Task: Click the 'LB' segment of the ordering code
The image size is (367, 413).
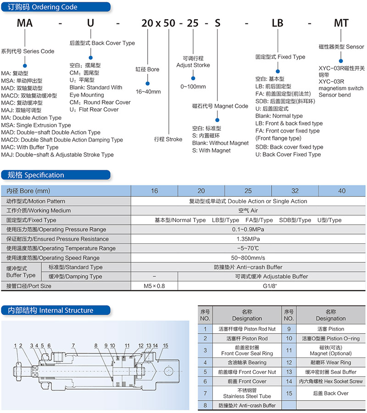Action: pyautogui.click(x=278, y=23)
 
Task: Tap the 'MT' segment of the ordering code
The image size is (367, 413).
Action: pyautogui.click(x=341, y=23)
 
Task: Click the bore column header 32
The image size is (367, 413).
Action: pyautogui.click(x=295, y=191)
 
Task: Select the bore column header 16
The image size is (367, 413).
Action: pyautogui.click(x=154, y=191)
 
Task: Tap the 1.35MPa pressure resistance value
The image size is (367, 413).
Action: pyautogui.click(x=248, y=239)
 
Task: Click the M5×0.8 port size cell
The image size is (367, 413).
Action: pyautogui.click(x=154, y=286)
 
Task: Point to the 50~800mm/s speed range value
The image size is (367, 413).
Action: pyautogui.click(x=248, y=258)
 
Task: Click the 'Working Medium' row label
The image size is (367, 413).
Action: pyautogui.click(x=39, y=211)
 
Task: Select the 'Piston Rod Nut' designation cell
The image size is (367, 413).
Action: pyautogui.click(x=247, y=329)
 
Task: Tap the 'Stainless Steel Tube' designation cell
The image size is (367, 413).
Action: pyautogui.click(x=247, y=393)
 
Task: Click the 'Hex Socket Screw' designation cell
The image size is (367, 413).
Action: pyautogui.click(x=331, y=381)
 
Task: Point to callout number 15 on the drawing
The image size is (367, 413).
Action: pyautogui.click(x=165, y=346)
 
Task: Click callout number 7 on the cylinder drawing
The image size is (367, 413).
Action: pyautogui.click(x=73, y=345)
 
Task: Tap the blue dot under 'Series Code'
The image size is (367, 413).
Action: pyautogui.click(x=25, y=66)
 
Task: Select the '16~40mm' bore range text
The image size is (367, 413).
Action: pyautogui.click(x=148, y=92)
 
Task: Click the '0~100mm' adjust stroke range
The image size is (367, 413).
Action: pyautogui.click(x=193, y=86)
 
